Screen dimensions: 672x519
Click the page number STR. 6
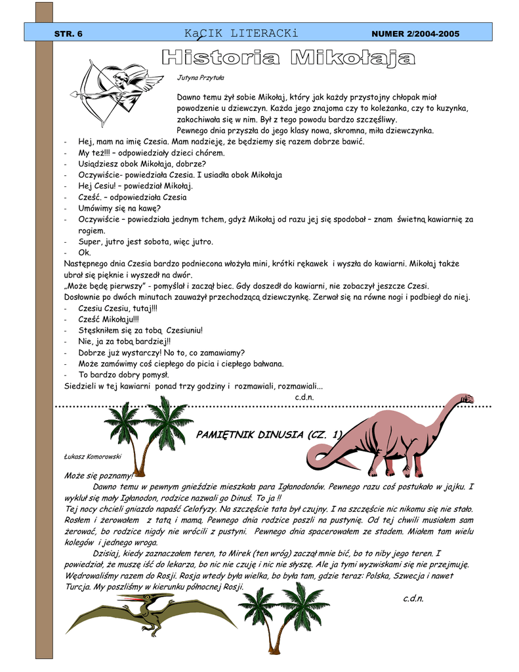click(68, 33)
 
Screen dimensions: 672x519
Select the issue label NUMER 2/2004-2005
click(415, 33)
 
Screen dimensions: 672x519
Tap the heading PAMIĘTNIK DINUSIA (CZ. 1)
click(270, 434)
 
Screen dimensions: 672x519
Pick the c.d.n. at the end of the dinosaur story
click(413, 598)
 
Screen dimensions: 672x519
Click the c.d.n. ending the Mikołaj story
click(304, 397)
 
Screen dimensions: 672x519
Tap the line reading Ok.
click(85, 253)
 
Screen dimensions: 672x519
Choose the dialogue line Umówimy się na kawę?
click(115, 208)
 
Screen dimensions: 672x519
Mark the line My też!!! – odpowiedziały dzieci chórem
click(151, 153)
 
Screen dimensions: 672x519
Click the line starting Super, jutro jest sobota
click(146, 241)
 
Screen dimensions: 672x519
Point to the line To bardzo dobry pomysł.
click(123, 375)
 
